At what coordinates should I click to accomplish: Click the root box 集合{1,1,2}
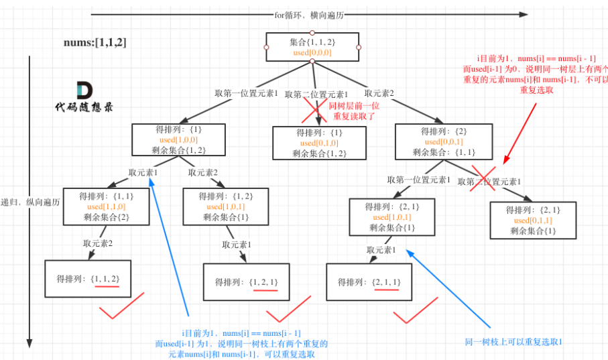click(x=312, y=48)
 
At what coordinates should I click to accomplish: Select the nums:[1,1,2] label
click(x=95, y=43)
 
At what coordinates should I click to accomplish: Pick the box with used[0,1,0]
click(x=319, y=143)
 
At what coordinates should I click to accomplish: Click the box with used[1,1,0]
click(x=107, y=206)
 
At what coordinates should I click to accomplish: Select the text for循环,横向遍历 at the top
click(x=308, y=15)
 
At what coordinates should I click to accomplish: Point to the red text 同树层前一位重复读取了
click(x=352, y=111)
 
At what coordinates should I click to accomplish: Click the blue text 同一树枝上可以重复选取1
click(x=513, y=342)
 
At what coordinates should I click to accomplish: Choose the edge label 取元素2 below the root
click(x=379, y=93)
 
